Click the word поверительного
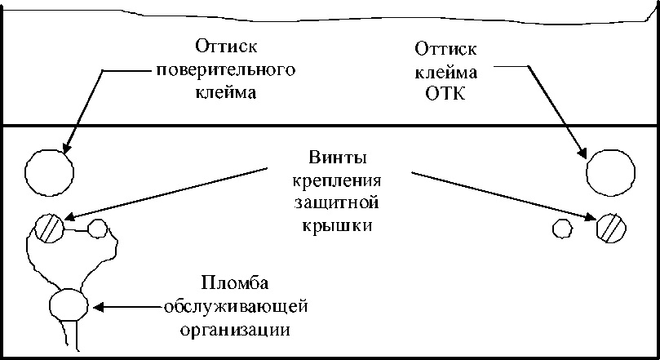click(x=225, y=68)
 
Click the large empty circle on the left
click(x=50, y=171)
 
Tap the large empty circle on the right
click(x=610, y=171)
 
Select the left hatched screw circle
click(x=50, y=227)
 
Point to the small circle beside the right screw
click(x=562, y=228)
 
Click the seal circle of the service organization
click(x=68, y=305)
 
